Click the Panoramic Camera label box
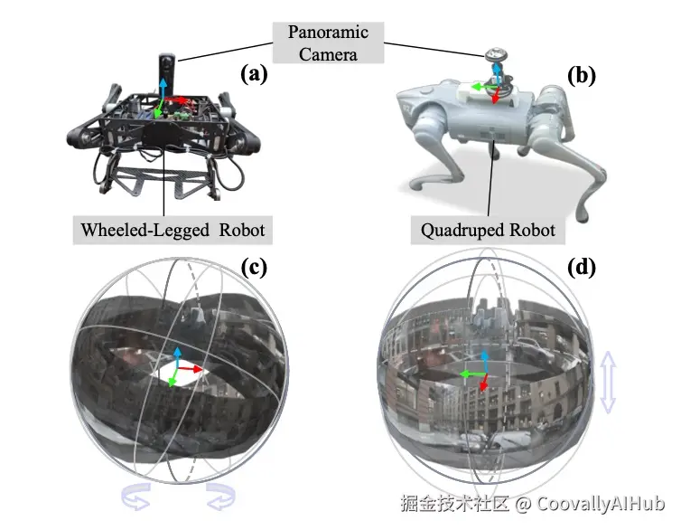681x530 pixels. (328, 43)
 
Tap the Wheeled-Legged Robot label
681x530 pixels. (173, 230)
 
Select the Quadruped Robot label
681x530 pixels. (488, 230)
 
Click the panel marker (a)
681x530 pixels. (254, 74)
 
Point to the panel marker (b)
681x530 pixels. (582, 76)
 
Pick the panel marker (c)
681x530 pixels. (254, 268)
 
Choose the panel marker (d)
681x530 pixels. (582, 268)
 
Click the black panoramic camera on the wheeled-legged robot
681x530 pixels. (167, 73)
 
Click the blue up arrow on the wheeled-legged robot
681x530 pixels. (163, 90)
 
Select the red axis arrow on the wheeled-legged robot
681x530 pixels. (178, 100)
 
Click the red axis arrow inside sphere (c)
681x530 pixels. (190, 369)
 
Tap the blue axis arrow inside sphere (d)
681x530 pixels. (484, 361)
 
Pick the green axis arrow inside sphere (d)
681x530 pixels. (472, 374)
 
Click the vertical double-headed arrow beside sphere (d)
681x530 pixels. (608, 383)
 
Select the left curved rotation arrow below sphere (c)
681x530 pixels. (136, 497)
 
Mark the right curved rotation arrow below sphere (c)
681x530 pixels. (220, 497)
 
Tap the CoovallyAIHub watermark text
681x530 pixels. (601, 504)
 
